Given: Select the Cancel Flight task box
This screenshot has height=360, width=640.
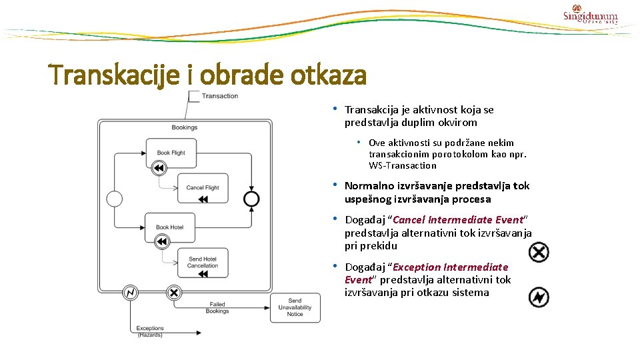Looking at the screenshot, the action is pyautogui.click(x=202, y=187).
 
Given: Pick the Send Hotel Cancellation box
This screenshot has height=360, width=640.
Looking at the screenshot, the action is pyautogui.click(x=202, y=262).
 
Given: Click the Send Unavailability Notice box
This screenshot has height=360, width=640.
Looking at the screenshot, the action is pyautogui.click(x=295, y=308).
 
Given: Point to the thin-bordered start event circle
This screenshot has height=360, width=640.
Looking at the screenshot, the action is pyautogui.click(x=114, y=199).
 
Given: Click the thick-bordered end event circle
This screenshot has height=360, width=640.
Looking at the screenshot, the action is pyautogui.click(x=251, y=199).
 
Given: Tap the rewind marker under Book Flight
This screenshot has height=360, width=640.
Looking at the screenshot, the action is pyautogui.click(x=159, y=168).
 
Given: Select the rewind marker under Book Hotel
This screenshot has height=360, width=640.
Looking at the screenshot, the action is pyautogui.click(x=159, y=243).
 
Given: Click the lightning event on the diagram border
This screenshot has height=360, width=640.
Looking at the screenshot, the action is pyautogui.click(x=130, y=292).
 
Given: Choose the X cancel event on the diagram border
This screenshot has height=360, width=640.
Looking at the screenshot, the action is pyautogui.click(x=173, y=292).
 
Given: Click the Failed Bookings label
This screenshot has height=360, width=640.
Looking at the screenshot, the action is pyautogui.click(x=217, y=307).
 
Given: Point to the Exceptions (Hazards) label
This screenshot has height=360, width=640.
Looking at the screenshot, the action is pyautogui.click(x=150, y=331).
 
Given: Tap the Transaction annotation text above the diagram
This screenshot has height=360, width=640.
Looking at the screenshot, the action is pyautogui.click(x=219, y=96).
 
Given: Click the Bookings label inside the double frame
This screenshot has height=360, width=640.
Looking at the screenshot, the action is pyautogui.click(x=184, y=127).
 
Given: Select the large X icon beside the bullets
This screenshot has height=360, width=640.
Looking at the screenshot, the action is pyautogui.click(x=539, y=252).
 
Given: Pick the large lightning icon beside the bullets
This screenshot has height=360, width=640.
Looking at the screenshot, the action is pyautogui.click(x=539, y=297).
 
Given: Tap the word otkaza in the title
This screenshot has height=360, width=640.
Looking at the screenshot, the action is pyautogui.click(x=327, y=75).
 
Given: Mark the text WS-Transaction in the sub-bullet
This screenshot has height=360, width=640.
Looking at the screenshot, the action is pyautogui.click(x=403, y=165).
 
